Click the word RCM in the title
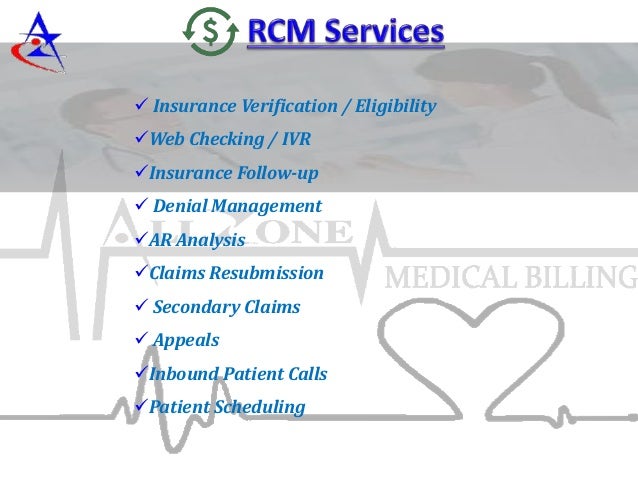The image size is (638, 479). tap(281, 32)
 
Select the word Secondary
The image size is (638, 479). tap(197, 307)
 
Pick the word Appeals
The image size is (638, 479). tap(186, 341)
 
